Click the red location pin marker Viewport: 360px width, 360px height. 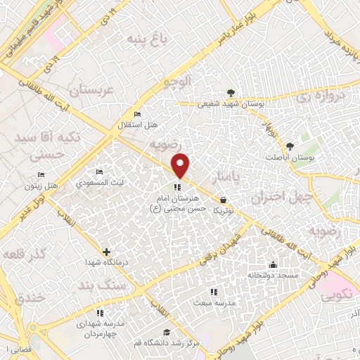(x=181, y=165)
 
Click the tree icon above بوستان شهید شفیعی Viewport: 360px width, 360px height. (x=230, y=93)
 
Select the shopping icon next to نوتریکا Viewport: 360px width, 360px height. (x=223, y=199)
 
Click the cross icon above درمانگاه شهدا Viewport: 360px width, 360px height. (x=106, y=252)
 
